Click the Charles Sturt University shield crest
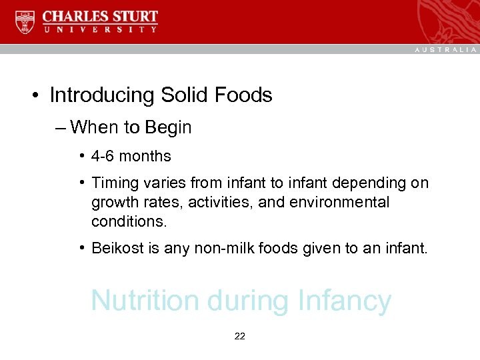(25, 22)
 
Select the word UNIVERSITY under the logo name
(100, 29)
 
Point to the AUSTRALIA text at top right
(446, 49)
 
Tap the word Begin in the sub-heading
(169, 127)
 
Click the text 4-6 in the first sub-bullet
(103, 157)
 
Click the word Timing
(113, 183)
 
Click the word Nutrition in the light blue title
(145, 301)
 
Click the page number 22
(240, 337)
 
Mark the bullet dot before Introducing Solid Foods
(33, 96)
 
